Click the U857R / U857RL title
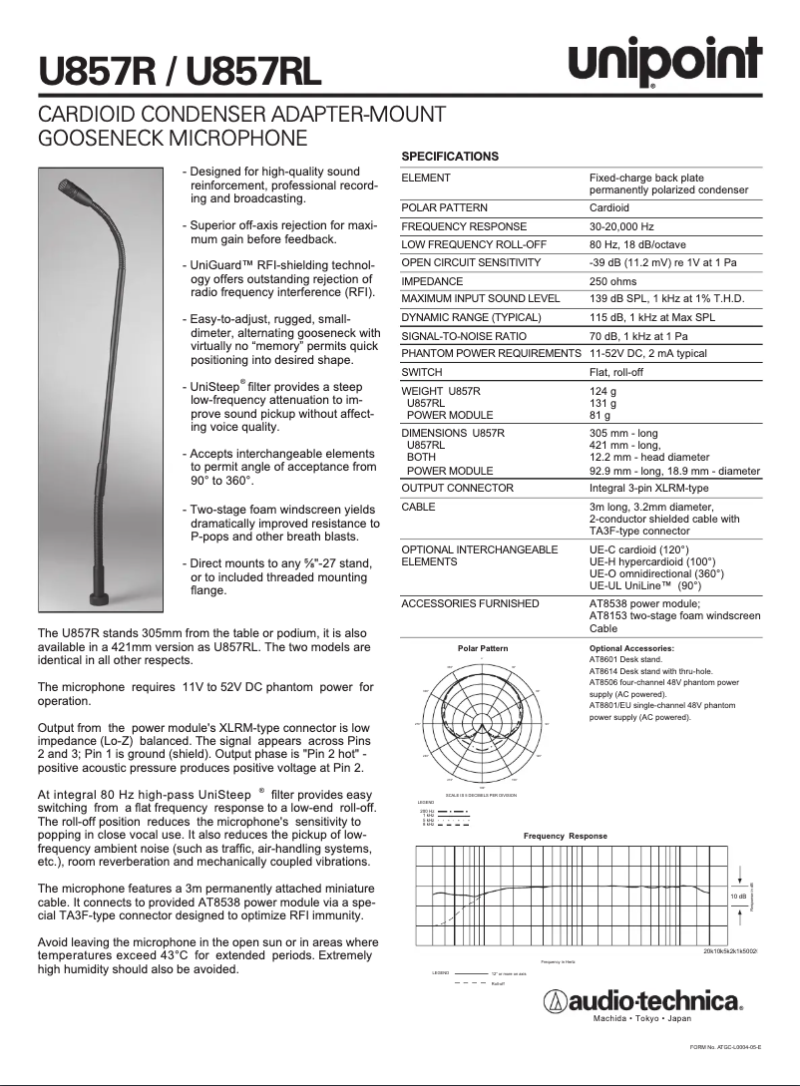pyautogui.click(x=181, y=71)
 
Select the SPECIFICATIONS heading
pyautogui.click(x=450, y=157)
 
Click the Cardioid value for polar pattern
pyautogui.click(x=609, y=208)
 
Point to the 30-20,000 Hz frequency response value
pyautogui.click(x=621, y=226)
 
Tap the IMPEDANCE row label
pyautogui.click(x=432, y=281)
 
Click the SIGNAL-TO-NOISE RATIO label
pyautogui.click(x=464, y=336)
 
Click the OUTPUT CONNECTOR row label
pyautogui.click(x=457, y=488)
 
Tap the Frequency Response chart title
pyautogui.click(x=566, y=836)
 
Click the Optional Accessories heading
pyautogui.click(x=632, y=648)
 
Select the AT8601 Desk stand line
pyautogui.click(x=625, y=660)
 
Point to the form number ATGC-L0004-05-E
pyautogui.click(x=725, y=1047)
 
